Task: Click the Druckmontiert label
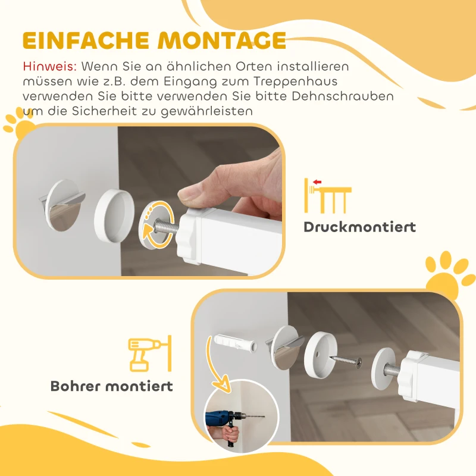coord(359,227)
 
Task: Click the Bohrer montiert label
coord(112,386)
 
